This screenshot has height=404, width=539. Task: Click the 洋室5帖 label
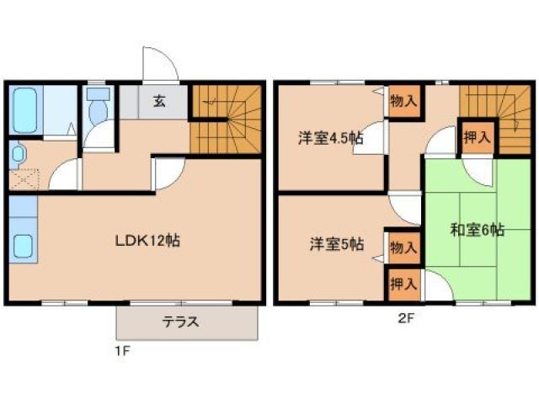click(x=336, y=245)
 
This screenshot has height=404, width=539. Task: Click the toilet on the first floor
click(x=95, y=107)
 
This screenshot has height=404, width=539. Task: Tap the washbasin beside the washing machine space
click(x=19, y=153)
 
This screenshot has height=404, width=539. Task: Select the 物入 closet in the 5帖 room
click(x=403, y=247)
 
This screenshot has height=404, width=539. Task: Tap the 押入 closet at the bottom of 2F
click(x=403, y=284)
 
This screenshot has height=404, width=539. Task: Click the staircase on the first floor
click(x=221, y=117)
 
